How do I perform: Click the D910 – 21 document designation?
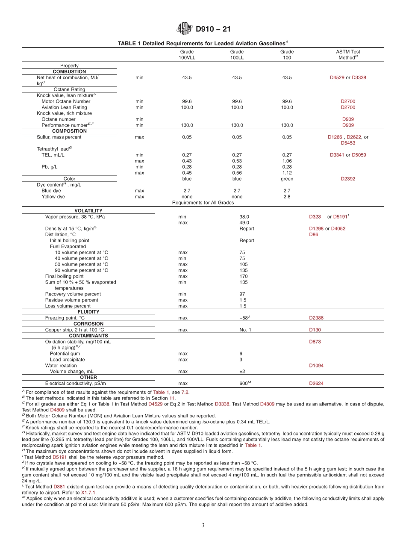pyautogui.click(x=213, y=30)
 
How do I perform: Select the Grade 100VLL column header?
pyautogui.click(x=187, y=55)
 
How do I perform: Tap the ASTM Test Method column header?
pyautogui.click(x=348, y=55)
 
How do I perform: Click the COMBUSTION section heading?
pyautogui.click(x=69, y=71)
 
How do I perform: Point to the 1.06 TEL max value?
pyautogui.click(x=287, y=161)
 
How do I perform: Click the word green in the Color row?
pyautogui.click(x=287, y=179)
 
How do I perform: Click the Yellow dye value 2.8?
pyautogui.click(x=287, y=197)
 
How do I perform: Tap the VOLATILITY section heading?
pyautogui.click(x=88, y=210)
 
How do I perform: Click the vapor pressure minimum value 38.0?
pyautogui.click(x=244, y=217)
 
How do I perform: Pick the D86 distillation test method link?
pyautogui.click(x=314, y=234)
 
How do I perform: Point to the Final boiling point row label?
pyautogui.click(x=65, y=276)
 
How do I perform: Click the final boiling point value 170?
pyautogui.click(x=243, y=276)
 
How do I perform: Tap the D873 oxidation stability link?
pyautogui.click(x=315, y=342)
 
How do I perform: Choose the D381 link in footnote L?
pyautogui.click(x=59, y=487)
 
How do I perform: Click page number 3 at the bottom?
pyautogui.click(x=203, y=525)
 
